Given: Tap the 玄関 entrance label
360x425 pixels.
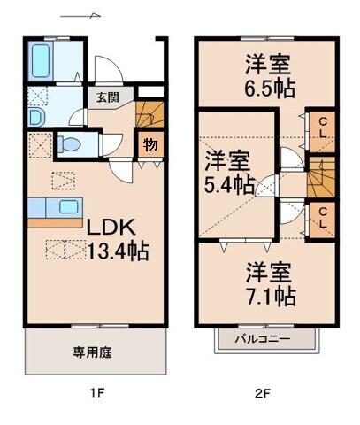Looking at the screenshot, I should click(x=97, y=99).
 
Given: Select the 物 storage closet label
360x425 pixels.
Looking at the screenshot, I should click(x=151, y=143).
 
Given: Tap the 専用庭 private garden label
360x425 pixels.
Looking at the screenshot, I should click(x=90, y=352).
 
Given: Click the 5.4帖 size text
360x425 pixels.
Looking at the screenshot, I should click(x=228, y=185).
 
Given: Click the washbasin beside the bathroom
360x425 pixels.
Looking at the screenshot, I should click(x=36, y=116).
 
